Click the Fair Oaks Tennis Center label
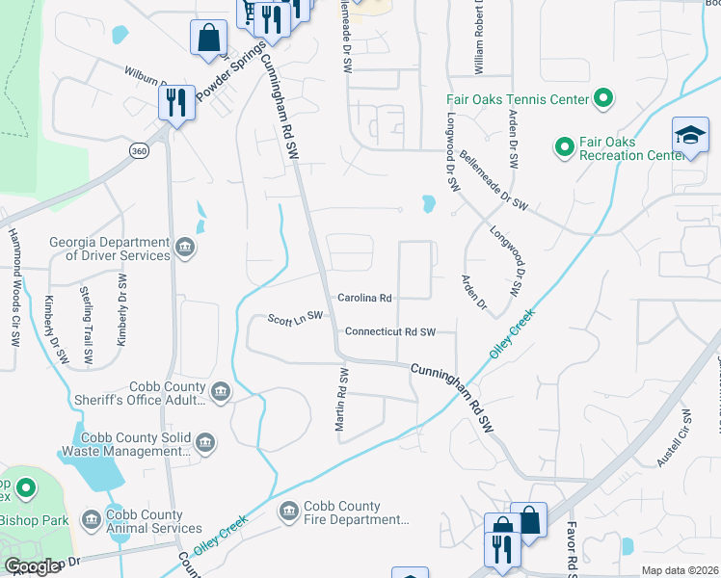coord(518,99)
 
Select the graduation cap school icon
coord(690,136)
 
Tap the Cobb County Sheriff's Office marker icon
coord(221,391)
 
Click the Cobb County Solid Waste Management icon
coord(204,443)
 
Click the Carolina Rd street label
coord(364,298)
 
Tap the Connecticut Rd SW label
coord(390,332)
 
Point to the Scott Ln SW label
coord(295,318)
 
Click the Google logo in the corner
coord(32,566)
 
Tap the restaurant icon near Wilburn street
coord(176,102)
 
